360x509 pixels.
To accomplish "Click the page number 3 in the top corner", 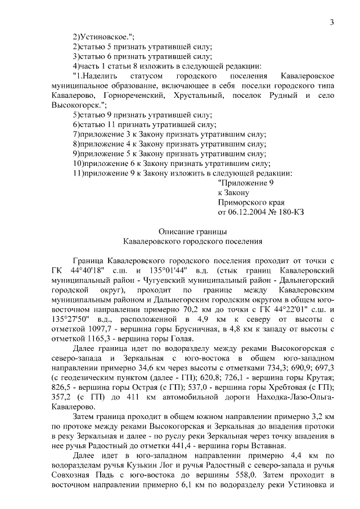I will tap(332, 22).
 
